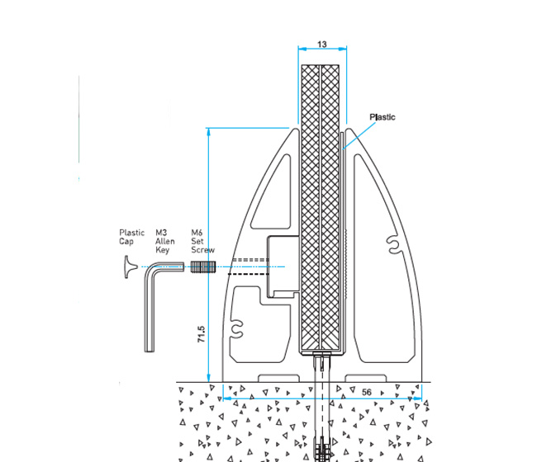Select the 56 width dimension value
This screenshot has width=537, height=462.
366,393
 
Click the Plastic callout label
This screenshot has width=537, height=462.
382,117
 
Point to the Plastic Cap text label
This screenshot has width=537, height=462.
131,237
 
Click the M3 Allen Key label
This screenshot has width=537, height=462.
165,241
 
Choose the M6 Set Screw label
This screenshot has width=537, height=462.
202,241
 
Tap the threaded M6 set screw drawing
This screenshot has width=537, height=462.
202,266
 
